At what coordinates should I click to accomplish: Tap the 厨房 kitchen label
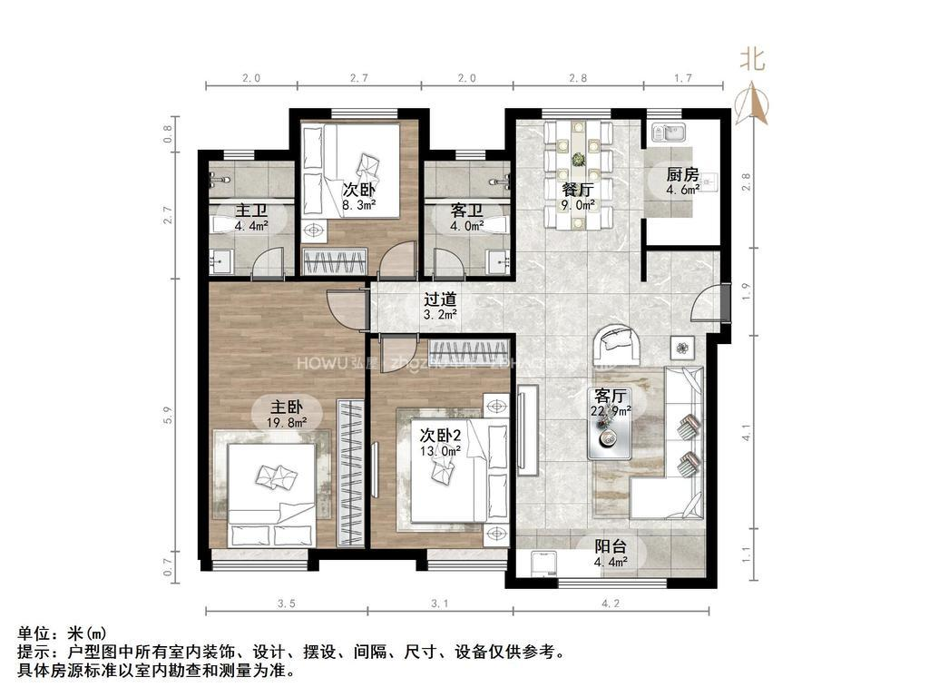(681, 174)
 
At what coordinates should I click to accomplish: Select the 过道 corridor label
(440, 299)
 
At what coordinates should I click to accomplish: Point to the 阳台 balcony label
(609, 547)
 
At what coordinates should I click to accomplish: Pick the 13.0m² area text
(440, 448)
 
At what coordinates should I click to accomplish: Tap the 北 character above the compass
(752, 61)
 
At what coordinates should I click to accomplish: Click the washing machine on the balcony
(542, 563)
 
